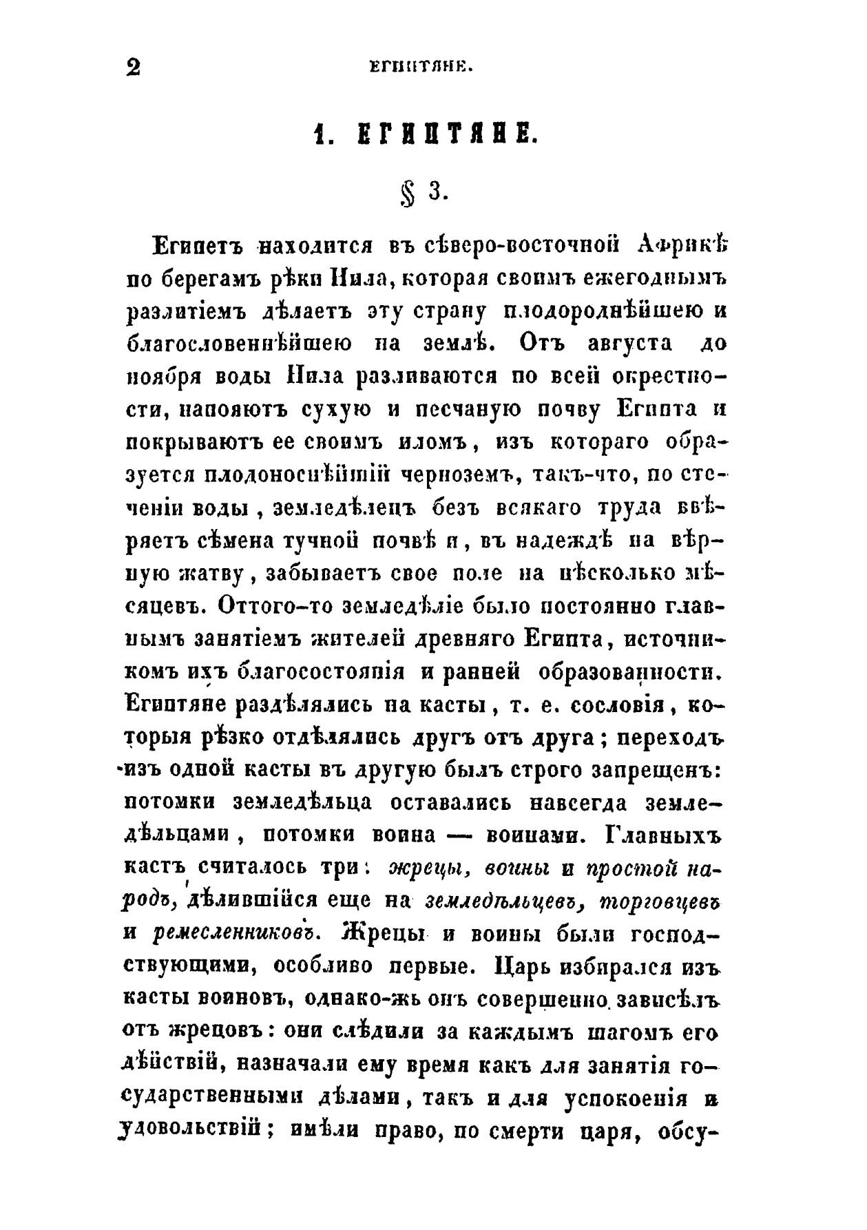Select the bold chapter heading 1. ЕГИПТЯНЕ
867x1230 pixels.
(422, 132)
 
